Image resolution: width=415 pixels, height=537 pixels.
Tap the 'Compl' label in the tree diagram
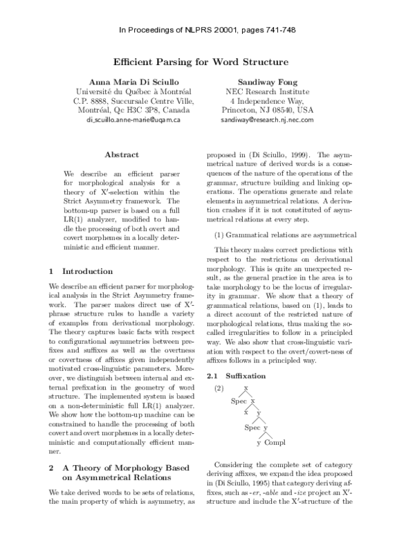click(275, 443)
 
